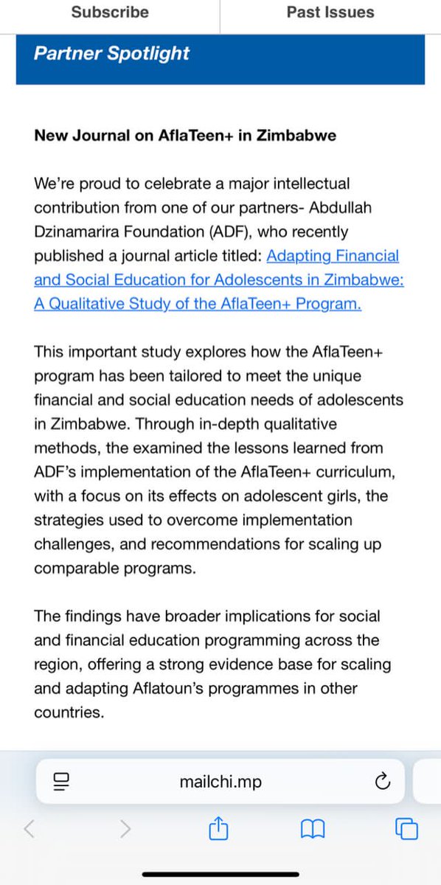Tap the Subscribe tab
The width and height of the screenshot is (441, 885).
(x=110, y=13)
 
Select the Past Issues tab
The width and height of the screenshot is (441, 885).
(x=330, y=13)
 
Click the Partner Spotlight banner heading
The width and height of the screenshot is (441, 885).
(x=111, y=53)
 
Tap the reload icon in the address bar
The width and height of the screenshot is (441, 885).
(x=383, y=781)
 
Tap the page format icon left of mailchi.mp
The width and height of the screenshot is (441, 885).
(x=61, y=781)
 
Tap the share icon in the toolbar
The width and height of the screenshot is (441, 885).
(x=218, y=829)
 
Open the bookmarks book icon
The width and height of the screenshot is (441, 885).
(x=313, y=829)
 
